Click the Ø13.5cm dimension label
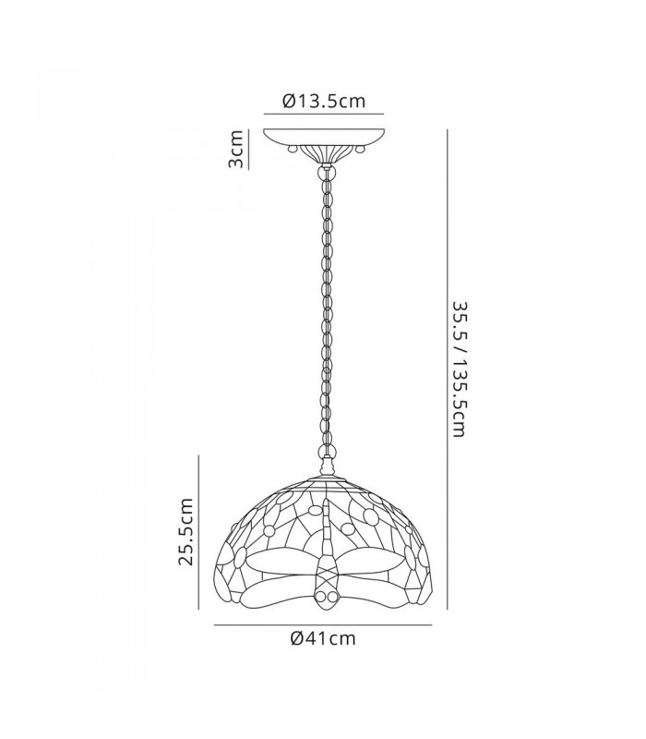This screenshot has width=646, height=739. [x=324, y=101]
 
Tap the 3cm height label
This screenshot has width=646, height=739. [x=235, y=149]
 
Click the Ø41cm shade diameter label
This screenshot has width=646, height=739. [x=324, y=638]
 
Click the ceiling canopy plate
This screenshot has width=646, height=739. [x=324, y=136]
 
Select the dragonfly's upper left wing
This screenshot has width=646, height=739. [x=281, y=563]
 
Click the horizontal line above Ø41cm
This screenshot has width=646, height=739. [x=323, y=625]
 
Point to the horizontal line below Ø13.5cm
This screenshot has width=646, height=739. [x=324, y=114]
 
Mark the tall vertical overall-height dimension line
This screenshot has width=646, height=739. [x=447, y=369]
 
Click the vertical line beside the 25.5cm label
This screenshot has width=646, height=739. [x=198, y=532]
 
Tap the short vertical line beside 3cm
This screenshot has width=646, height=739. [x=248, y=149]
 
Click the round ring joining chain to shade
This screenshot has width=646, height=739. [x=326, y=451]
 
